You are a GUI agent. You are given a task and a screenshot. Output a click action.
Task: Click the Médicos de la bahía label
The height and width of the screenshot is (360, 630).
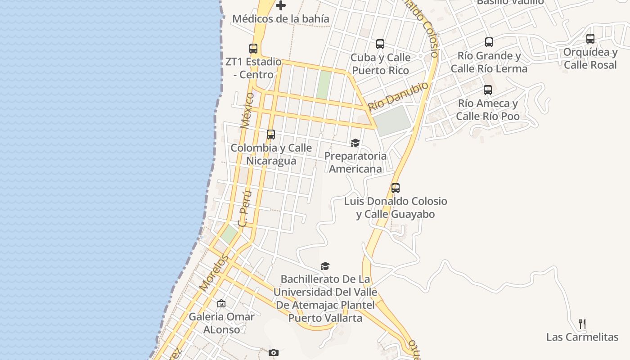(x=281, y=19)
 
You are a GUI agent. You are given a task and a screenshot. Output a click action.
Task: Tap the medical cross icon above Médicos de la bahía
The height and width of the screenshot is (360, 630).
(x=281, y=5)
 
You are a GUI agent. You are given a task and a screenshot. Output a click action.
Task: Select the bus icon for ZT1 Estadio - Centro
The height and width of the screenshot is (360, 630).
(x=253, y=49)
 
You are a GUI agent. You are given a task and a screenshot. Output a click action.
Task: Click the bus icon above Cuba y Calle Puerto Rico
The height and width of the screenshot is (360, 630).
(x=380, y=44)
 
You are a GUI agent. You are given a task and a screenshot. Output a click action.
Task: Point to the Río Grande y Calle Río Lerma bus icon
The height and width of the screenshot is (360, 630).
(x=489, y=42)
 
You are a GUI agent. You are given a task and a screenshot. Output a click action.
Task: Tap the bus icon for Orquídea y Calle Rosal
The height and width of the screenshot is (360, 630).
(x=590, y=39)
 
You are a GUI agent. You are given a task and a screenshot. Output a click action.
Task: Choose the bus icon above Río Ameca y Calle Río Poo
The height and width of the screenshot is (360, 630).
(x=488, y=90)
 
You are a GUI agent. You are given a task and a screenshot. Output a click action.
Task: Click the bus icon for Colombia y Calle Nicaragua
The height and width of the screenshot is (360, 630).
(x=271, y=135)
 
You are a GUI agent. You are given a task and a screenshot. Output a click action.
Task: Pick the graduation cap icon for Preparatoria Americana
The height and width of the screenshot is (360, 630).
(x=355, y=143)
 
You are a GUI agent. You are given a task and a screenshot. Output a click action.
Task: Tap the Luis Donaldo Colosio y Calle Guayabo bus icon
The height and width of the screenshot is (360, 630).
(x=396, y=188)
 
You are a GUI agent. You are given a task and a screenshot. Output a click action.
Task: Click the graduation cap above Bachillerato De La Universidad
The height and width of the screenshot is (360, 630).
(x=325, y=266)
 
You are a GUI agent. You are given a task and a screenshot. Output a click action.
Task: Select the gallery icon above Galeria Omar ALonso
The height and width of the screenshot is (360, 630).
(x=221, y=303)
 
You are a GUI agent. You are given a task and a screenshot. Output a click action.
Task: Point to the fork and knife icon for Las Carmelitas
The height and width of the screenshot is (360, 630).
(x=582, y=324)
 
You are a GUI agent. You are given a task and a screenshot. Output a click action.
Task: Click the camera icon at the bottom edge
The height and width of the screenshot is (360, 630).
(x=274, y=352)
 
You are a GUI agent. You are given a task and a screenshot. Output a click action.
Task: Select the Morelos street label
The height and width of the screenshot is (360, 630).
(x=214, y=273)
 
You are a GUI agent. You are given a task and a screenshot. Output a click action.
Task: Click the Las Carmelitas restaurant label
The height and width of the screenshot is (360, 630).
(x=582, y=337)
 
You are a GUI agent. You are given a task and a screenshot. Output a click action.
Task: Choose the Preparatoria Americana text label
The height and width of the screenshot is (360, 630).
(x=355, y=162)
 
